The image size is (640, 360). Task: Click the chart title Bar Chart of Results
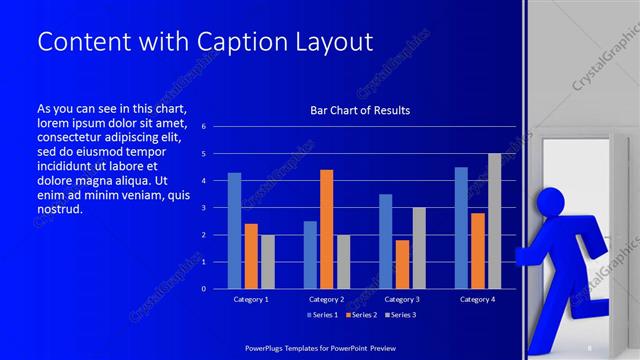[x=360, y=110]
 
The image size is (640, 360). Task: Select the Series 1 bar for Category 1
[x=234, y=230]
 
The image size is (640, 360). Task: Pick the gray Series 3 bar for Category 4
[x=494, y=221]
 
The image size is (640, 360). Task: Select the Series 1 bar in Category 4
[x=461, y=227]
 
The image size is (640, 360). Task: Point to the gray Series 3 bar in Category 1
[x=267, y=261]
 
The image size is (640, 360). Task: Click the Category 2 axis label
[x=326, y=299]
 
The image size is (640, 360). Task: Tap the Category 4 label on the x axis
[x=477, y=299]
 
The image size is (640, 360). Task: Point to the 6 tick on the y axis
[x=203, y=127]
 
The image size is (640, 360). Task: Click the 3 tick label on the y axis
[x=203, y=208]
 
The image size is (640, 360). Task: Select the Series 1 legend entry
[x=322, y=315]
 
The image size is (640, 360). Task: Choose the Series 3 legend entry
[x=400, y=315]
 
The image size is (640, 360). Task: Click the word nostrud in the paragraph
[x=59, y=209]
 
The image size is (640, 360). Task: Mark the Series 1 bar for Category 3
[x=385, y=241]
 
